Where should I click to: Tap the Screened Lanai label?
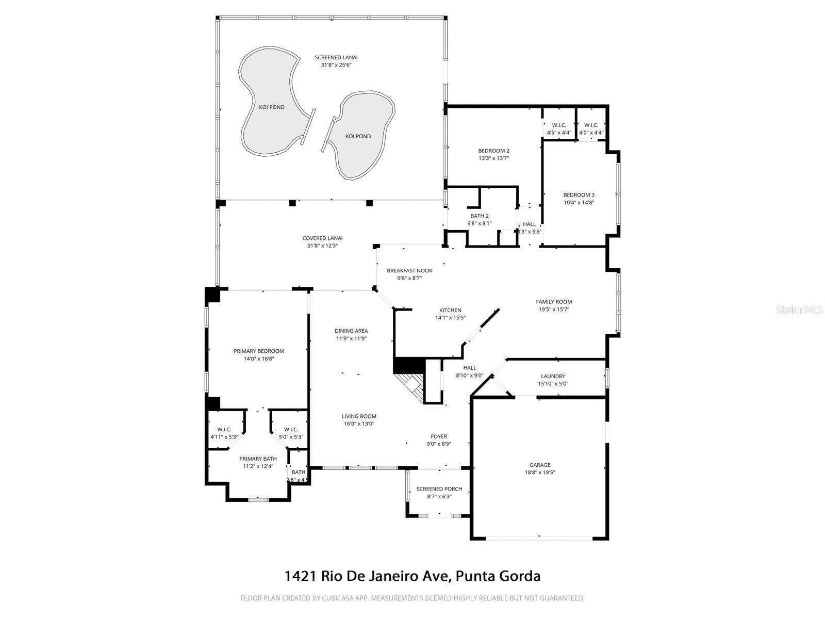336,57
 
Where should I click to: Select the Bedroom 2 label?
493,151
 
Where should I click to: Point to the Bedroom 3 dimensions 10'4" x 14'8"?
579,203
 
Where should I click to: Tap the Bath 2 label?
480,216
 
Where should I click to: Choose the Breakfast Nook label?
409,270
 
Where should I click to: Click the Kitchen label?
450,310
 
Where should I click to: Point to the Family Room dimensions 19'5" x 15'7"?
554,309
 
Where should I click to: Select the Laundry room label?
553,376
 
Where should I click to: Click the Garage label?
540,465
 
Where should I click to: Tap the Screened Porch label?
439,488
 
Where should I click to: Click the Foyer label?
439,436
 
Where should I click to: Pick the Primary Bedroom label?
258,351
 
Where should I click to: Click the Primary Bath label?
258,459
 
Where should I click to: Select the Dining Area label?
351,331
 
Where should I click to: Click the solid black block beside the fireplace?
408,365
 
